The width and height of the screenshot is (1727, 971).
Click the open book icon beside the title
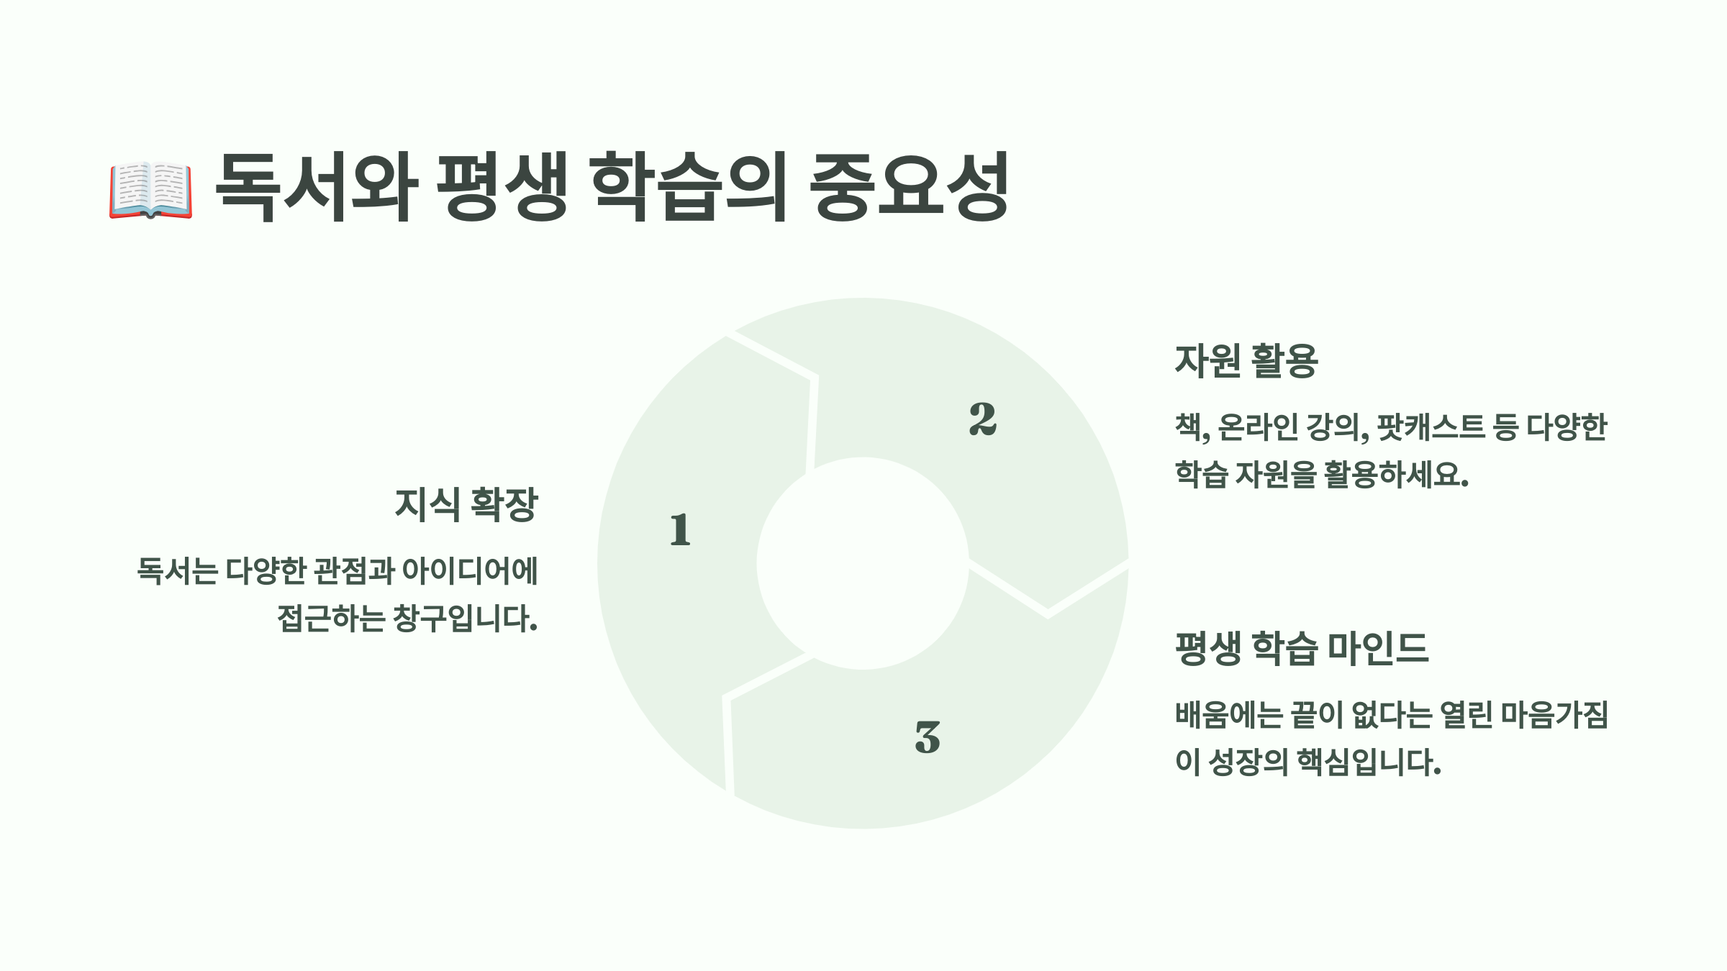151,189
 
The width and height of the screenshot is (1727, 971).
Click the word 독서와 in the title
317,186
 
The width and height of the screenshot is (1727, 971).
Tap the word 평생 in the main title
502,186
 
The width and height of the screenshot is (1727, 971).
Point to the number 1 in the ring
680,530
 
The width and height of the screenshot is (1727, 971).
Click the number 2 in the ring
982,419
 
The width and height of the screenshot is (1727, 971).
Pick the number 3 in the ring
928,737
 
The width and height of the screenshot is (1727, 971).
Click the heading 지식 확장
466,504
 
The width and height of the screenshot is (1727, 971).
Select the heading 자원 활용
1246,360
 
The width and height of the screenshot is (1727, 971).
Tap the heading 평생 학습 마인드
1301,648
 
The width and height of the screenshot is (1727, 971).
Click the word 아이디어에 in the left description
469,571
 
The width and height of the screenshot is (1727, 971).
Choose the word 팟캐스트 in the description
1431,427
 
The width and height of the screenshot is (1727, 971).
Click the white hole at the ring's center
863,563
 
